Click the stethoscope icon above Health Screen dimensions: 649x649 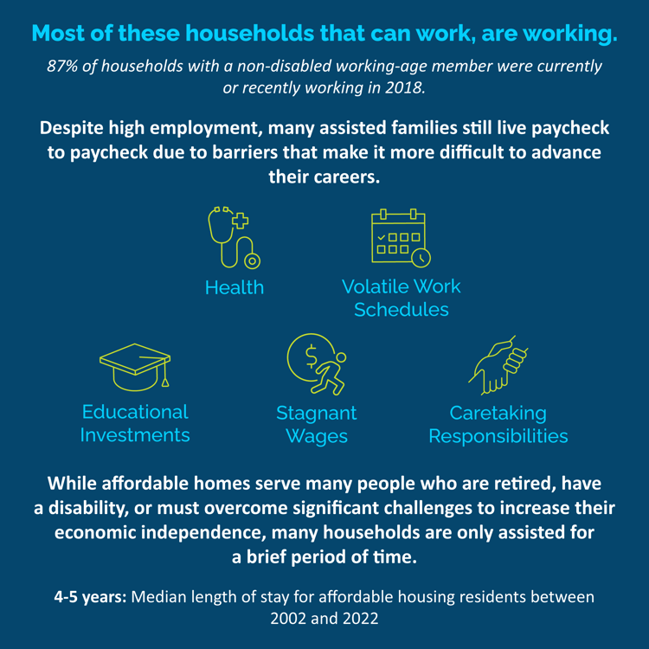[234, 237]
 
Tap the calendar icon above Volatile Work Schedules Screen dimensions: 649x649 [401, 237]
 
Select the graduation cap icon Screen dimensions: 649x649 [135, 366]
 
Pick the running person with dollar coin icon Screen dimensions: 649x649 [317, 364]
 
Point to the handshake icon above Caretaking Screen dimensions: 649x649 [498, 362]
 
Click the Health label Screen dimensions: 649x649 [235, 287]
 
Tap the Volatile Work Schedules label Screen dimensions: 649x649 [402, 297]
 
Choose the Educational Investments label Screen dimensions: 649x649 [135, 423]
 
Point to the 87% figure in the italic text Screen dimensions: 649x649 [65, 66]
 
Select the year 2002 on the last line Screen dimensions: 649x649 [290, 619]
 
